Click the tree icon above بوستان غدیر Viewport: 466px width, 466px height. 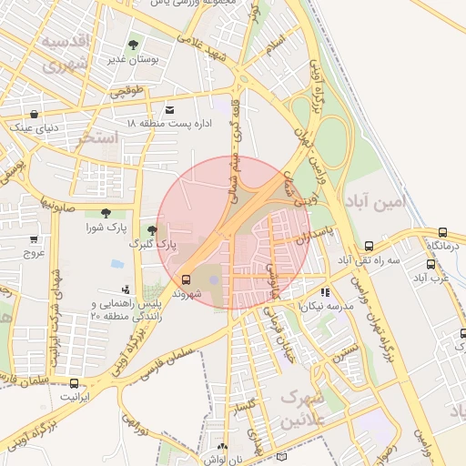click(x=134, y=44)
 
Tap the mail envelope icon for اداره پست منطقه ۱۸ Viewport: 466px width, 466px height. click(x=170, y=110)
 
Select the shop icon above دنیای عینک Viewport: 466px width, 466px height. click(x=35, y=115)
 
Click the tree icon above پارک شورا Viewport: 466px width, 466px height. click(x=106, y=212)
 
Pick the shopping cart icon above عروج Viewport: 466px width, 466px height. click(x=35, y=239)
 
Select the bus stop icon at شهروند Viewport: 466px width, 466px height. click(x=186, y=279)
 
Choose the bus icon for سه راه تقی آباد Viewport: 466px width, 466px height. click(x=369, y=246)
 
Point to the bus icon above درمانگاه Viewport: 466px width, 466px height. click(x=443, y=233)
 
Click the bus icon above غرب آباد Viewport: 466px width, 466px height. click(x=431, y=265)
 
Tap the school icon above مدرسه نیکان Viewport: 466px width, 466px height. click(x=325, y=293)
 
